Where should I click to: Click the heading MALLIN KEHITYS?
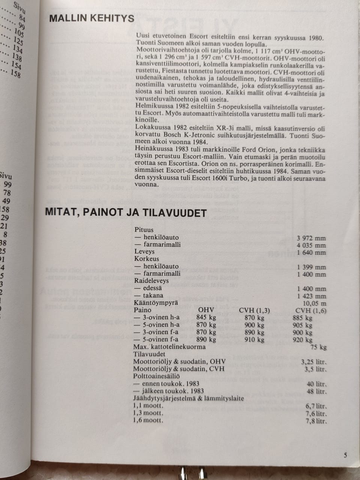coord(91,18)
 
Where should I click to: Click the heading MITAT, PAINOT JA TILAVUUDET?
coord(126,213)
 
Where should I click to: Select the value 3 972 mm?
coord(311,238)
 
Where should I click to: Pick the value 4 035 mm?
coord(311,246)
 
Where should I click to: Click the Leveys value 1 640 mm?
coord(311,252)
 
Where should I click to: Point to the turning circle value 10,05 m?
coord(314,303)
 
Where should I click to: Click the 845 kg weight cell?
coord(206,318)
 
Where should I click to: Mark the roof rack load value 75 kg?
coord(319,347)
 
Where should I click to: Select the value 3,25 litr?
coord(314,362)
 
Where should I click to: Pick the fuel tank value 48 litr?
coord(316,391)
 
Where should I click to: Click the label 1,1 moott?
coord(148,406)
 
